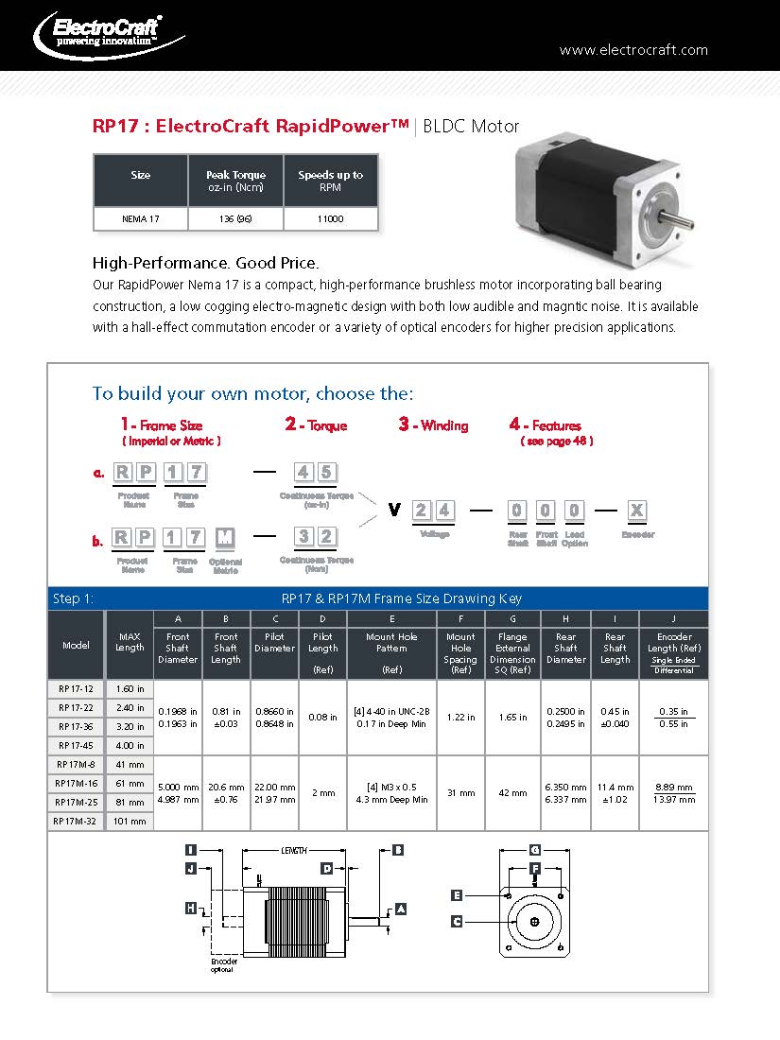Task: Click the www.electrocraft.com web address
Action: click(x=633, y=50)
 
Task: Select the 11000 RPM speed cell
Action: click(x=330, y=218)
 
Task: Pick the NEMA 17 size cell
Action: click(x=141, y=218)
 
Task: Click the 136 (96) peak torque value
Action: click(x=235, y=218)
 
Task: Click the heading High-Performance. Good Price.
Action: click(x=205, y=262)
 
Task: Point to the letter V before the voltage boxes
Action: click(x=394, y=511)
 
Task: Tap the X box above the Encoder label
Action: click(x=637, y=511)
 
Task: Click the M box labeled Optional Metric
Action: click(x=225, y=538)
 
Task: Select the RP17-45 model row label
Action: click(x=76, y=746)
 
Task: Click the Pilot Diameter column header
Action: click(x=274, y=642)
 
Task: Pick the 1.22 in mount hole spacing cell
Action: click(x=460, y=718)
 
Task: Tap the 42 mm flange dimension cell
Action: click(x=512, y=793)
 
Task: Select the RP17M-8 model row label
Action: click(x=76, y=765)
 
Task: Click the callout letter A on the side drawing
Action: click(x=401, y=909)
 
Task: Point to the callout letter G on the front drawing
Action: click(x=535, y=849)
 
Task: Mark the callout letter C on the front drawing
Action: click(x=457, y=921)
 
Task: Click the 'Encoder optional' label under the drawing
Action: click(x=222, y=964)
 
